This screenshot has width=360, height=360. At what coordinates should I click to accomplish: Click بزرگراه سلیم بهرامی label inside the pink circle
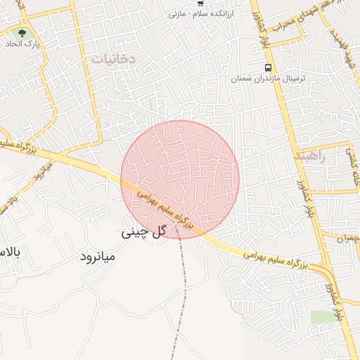point(166,210)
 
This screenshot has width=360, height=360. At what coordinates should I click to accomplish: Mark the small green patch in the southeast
point(324,317)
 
